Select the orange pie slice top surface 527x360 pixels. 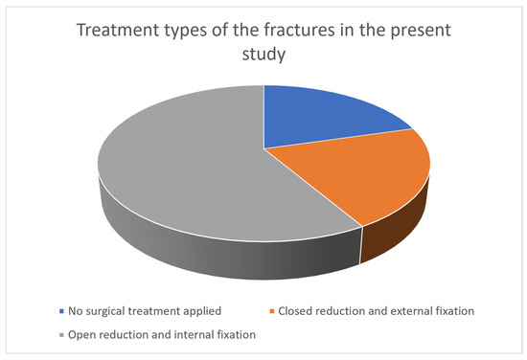click(x=363, y=171)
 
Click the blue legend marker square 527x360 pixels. click(x=61, y=311)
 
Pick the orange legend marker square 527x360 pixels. click(x=271, y=311)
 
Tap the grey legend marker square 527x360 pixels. click(x=61, y=335)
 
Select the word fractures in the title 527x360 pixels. click(x=299, y=30)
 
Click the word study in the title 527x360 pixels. click(x=263, y=55)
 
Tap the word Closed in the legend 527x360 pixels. click(x=293, y=311)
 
